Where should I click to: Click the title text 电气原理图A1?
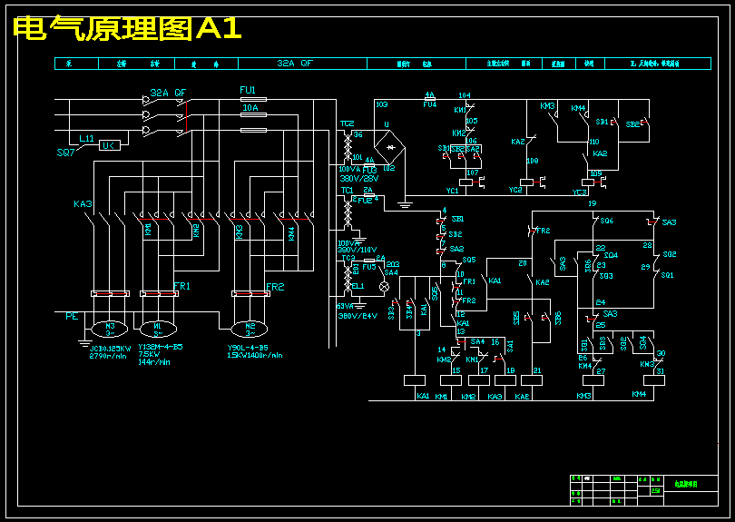coord(128,28)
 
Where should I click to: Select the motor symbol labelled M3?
coord(111,327)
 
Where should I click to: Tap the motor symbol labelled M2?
coord(250,327)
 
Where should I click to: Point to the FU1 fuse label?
coord(247,91)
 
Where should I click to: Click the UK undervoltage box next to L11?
coord(108,145)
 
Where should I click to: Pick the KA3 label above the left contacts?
coord(83,205)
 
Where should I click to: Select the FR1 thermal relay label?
coord(182,286)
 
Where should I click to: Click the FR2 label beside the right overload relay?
coord(275,287)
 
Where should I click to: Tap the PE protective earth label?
coord(72,316)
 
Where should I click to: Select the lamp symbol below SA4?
coord(383,286)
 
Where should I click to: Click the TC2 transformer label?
coord(347,123)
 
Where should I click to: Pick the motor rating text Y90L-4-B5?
coord(247,347)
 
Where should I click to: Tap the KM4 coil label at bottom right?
coord(639,395)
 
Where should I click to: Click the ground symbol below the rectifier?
coord(406,204)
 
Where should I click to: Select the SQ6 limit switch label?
coord(606,221)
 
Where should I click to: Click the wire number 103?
coord(381,104)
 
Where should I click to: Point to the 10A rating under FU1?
coord(250,108)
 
